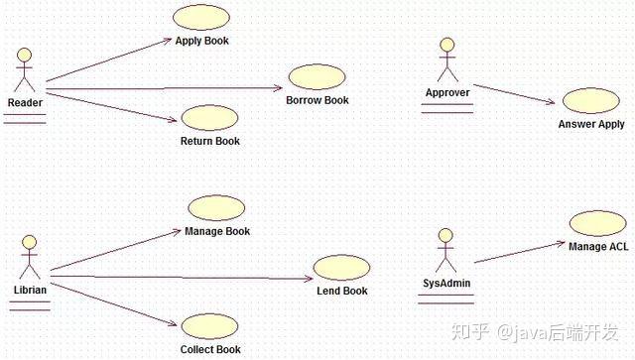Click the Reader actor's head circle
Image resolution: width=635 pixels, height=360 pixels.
point(24,56)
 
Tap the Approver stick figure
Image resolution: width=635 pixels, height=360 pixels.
point(447,60)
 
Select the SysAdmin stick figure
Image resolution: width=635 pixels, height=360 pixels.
point(445,250)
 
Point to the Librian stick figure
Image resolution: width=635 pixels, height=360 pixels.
point(30,258)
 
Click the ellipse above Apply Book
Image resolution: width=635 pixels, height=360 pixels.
point(201,17)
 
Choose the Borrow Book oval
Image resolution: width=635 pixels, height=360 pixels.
point(317,77)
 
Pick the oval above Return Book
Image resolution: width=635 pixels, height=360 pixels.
point(209,118)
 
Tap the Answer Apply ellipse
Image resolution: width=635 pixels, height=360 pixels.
point(591,101)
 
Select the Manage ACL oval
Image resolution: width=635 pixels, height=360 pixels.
point(597,223)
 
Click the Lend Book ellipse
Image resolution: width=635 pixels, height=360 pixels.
point(341,268)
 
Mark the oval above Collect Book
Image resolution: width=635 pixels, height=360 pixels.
point(209,326)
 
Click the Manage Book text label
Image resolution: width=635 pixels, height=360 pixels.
point(217,231)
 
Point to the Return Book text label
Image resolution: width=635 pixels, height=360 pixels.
point(209,141)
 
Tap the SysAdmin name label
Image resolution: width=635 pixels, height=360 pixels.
point(446,283)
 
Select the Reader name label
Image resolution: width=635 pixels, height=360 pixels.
point(25,102)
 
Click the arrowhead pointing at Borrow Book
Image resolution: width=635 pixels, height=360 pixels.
point(279,88)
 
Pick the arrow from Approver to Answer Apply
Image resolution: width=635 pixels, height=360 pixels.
point(514,94)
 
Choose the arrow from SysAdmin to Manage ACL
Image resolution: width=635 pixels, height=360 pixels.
point(520,252)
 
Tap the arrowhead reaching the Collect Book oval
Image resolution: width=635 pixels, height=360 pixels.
point(173,323)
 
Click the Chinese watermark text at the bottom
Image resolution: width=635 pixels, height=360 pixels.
point(536,332)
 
